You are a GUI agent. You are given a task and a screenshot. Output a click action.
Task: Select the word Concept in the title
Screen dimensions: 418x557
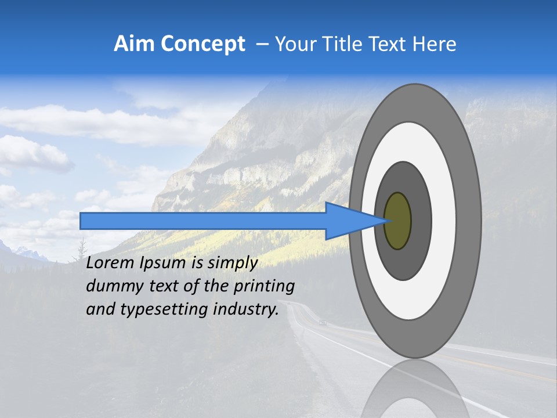(202, 44)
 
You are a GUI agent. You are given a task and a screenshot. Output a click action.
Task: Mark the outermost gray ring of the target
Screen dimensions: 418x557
(470, 221)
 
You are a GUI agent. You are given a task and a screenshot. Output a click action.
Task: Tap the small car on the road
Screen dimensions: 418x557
(323, 322)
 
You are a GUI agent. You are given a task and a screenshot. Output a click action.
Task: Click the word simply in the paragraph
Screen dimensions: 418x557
(232, 264)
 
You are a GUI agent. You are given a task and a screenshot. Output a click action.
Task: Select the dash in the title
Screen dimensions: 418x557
(262, 44)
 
